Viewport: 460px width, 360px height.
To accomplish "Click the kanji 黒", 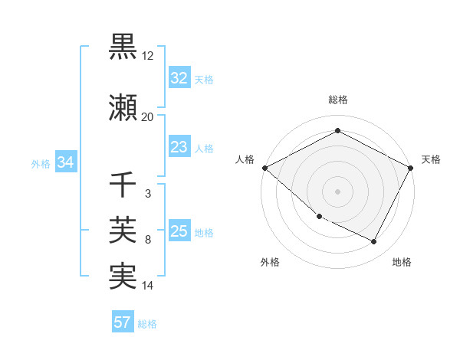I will point(123,47).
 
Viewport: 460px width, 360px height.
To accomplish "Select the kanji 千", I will point(123,185).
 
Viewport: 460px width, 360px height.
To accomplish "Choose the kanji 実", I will point(123,277).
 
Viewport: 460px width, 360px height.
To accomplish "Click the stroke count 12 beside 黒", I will point(148,56).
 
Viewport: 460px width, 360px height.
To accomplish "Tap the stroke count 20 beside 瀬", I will point(147,117).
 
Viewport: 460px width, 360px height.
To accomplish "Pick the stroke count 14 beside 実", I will point(148,286).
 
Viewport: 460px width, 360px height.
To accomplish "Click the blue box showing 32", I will point(179,78).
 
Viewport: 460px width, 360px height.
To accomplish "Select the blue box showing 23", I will point(179,147).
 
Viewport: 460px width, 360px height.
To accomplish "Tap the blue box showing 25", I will point(179,231).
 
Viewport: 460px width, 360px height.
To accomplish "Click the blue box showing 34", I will point(65,162).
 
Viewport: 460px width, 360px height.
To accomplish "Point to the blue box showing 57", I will point(122,322).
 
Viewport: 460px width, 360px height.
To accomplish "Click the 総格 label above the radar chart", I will point(337,100).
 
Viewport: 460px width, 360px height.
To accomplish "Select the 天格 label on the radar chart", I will point(432,159).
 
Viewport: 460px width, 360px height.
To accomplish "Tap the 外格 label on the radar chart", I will point(270,262).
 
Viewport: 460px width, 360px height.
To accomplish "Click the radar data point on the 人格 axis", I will point(265,168).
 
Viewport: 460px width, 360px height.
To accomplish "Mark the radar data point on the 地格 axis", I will point(374,242).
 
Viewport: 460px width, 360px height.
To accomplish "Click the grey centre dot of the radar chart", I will point(337,191).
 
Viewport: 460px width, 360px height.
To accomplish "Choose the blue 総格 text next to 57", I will point(147,324).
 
